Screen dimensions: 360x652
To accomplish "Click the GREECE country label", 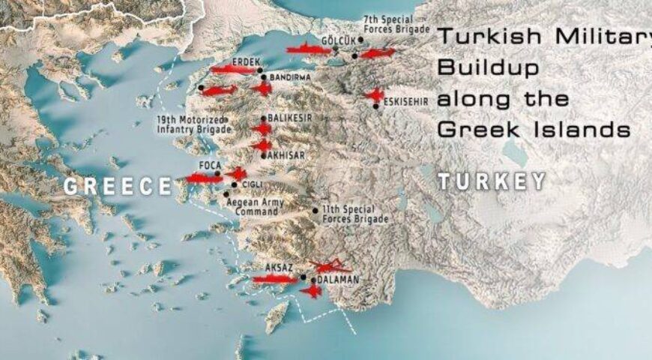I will (118, 185).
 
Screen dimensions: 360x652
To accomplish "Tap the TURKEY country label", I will (492, 181).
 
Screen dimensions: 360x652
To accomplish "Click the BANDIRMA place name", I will (292, 77).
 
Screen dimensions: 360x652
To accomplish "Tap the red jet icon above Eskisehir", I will (373, 94).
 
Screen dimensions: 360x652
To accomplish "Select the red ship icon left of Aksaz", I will (275, 280).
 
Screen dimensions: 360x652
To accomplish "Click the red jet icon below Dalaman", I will (311, 290).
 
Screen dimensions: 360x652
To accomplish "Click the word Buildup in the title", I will (488, 69).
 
